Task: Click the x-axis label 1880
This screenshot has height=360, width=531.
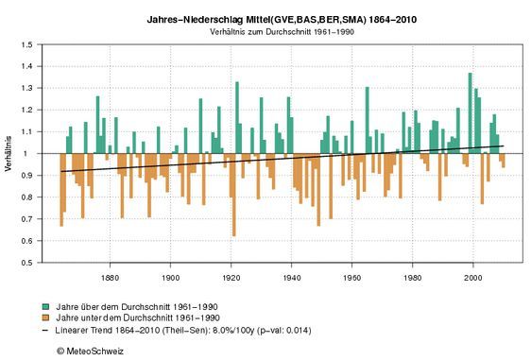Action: (x=110, y=277)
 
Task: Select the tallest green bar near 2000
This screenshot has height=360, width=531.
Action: (x=470, y=112)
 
